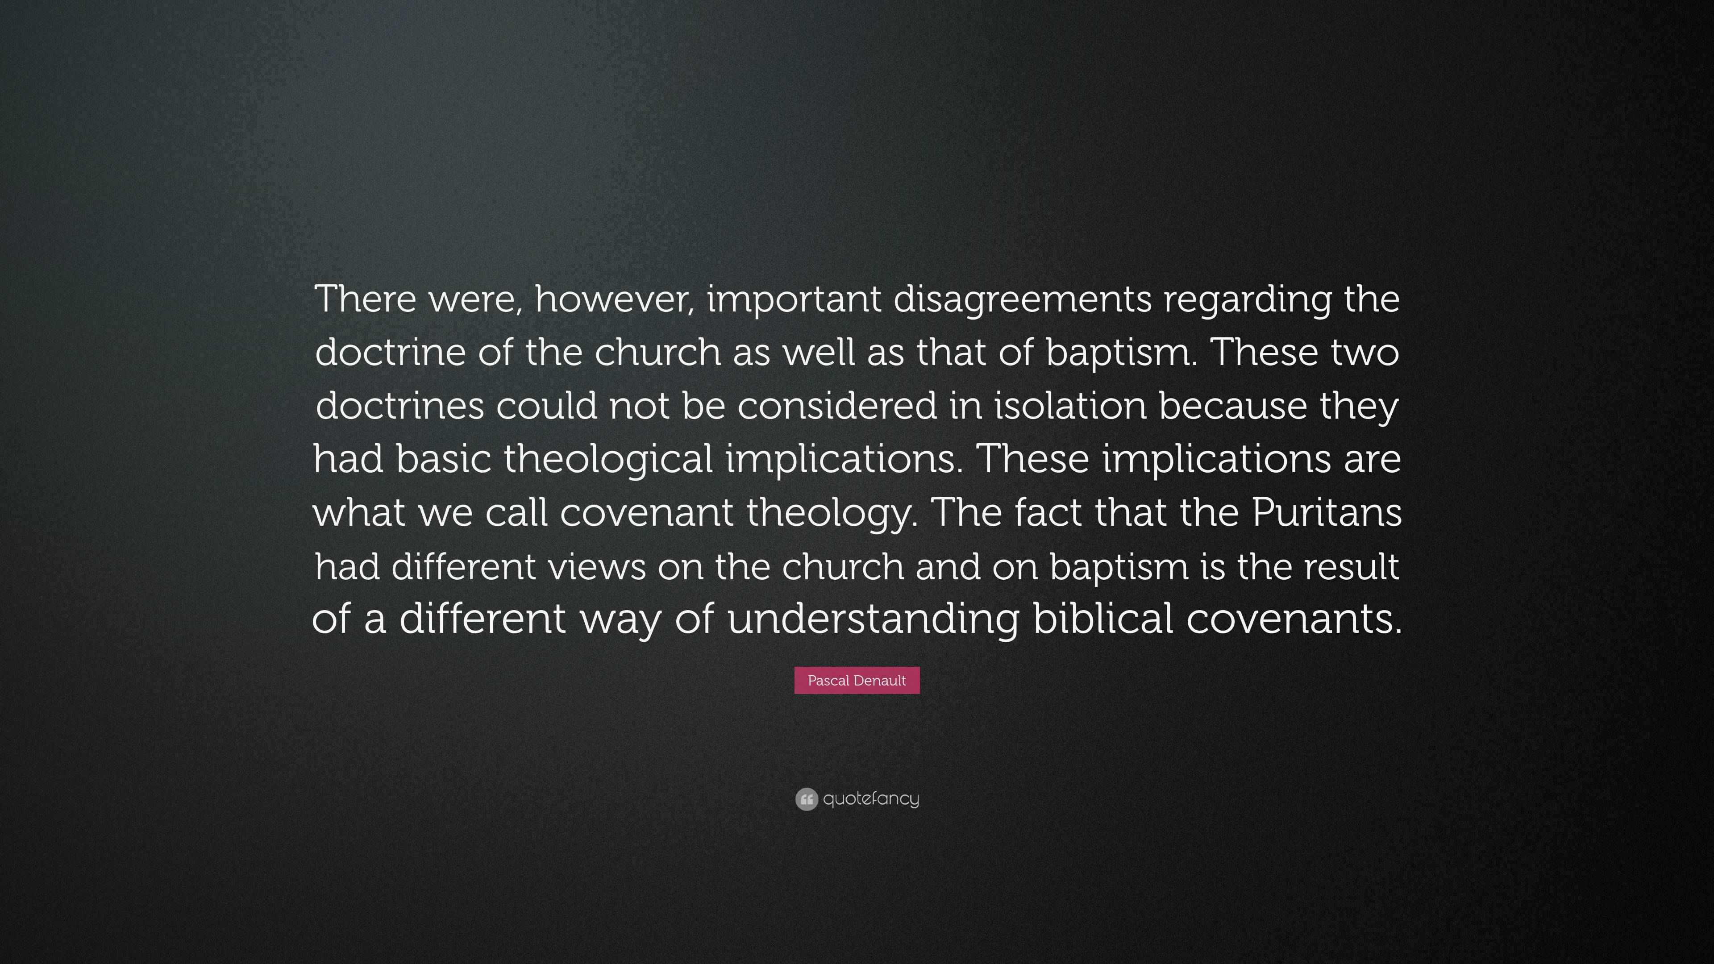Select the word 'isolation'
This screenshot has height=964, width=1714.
[x=1071, y=405]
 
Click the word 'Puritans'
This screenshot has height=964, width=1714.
[x=1327, y=511]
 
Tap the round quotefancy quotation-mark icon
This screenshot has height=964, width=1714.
[x=807, y=799]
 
